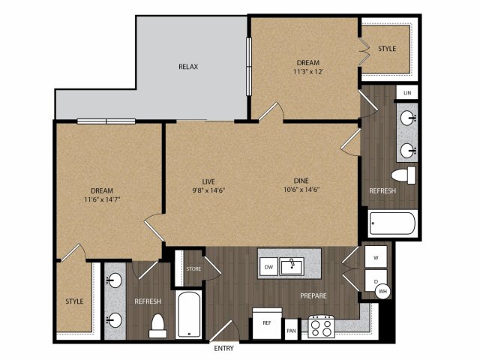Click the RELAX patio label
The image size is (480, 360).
click(x=188, y=67)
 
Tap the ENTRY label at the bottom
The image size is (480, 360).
click(x=223, y=348)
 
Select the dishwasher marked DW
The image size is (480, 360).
click(x=268, y=267)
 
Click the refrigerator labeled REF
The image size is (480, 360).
click(x=267, y=323)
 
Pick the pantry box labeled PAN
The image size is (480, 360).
click(x=291, y=330)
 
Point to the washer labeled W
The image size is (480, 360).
click(x=376, y=257)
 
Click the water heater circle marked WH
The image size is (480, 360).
click(x=383, y=291)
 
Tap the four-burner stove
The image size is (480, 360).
click(x=321, y=327)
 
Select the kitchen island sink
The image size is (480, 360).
click(x=292, y=266)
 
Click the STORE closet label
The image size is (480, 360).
click(x=193, y=268)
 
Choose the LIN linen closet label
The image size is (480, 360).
click(x=407, y=93)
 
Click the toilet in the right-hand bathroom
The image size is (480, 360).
click(x=403, y=175)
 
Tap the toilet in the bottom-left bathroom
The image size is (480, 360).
click(x=158, y=325)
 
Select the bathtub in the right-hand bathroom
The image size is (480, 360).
click(x=392, y=223)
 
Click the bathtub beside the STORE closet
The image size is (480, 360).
click(x=188, y=315)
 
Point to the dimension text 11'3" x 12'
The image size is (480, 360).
click(x=308, y=72)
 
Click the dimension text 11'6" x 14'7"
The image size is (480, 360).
click(x=102, y=199)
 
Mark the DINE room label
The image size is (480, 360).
click(x=301, y=181)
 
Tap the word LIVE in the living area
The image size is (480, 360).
click(x=208, y=181)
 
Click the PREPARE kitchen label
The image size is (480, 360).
click(x=313, y=295)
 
